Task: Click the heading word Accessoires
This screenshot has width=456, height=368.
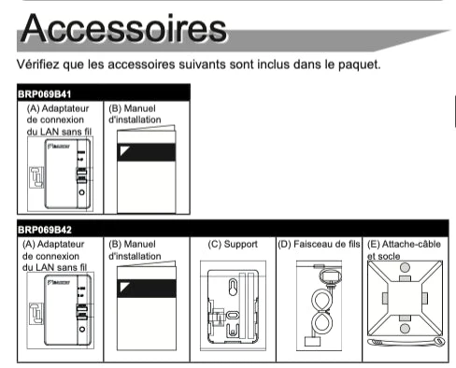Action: [123, 28]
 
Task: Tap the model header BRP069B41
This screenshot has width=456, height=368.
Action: [45, 94]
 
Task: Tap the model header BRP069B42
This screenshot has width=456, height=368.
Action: [45, 230]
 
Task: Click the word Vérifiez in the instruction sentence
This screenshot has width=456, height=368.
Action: [37, 64]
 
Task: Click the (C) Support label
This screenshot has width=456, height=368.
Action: [233, 244]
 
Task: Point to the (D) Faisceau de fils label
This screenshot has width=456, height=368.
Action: [319, 244]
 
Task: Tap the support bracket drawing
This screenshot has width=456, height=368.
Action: [233, 306]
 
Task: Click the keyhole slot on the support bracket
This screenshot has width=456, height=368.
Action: [233, 287]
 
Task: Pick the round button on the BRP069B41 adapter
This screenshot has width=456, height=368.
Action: [81, 192]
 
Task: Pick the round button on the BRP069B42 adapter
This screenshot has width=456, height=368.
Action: [82, 329]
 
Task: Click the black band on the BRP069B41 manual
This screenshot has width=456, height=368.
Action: [147, 152]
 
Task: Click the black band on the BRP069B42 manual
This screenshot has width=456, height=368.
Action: [147, 289]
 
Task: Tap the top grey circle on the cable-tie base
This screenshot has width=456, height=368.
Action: [405, 267]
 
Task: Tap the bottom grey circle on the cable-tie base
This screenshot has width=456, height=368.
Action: [405, 329]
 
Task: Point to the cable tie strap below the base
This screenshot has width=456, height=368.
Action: [406, 342]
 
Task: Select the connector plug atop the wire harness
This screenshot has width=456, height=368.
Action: [330, 276]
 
